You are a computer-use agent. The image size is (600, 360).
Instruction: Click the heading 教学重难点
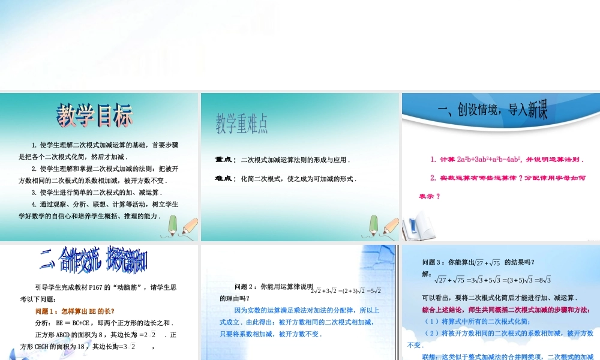point(242,124)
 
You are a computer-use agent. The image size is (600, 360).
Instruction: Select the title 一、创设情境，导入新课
point(493,110)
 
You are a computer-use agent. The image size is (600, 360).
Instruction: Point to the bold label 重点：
point(226,160)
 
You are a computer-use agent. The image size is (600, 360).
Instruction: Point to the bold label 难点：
point(226,179)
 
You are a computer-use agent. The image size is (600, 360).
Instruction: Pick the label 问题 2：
point(247,287)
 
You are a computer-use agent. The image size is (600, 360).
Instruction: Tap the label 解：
point(427,274)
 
